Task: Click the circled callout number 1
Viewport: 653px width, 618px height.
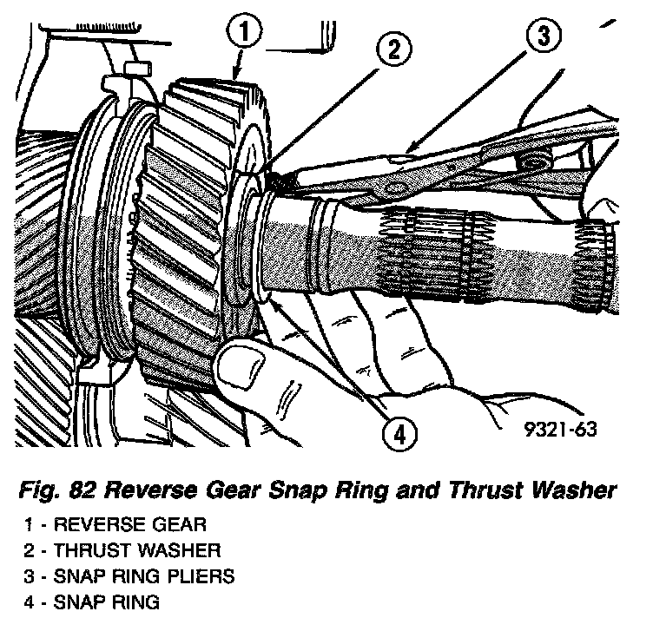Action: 246,33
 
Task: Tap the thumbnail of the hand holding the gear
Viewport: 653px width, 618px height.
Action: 239,369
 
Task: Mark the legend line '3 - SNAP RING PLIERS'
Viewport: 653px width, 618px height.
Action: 132,575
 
